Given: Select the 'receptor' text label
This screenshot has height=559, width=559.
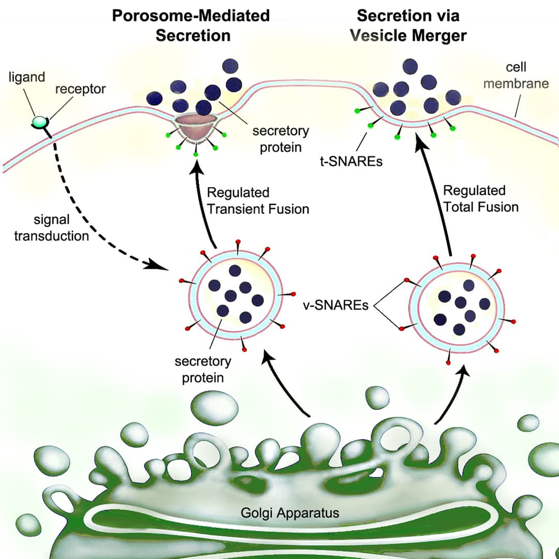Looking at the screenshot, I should pyautogui.click(x=80, y=89).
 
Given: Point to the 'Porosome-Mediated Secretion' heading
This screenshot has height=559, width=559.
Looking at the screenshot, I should pyautogui.click(x=191, y=25).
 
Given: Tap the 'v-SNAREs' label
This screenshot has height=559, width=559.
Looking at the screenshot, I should pyautogui.click(x=335, y=305).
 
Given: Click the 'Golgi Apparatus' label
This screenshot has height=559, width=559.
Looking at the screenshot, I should pyautogui.click(x=290, y=513).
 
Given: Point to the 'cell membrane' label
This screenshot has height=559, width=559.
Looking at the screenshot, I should pyautogui.click(x=516, y=76).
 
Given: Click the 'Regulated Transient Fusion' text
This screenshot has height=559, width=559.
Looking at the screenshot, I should pyautogui.click(x=258, y=201).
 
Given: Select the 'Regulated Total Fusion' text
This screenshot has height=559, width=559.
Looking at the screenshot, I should pyautogui.click(x=480, y=199).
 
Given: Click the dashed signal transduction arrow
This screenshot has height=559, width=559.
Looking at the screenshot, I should pyautogui.click(x=93, y=217).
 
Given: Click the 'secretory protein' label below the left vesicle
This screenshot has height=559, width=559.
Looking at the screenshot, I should pyautogui.click(x=203, y=369).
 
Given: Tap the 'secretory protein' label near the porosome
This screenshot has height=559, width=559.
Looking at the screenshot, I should pyautogui.click(x=281, y=139).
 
